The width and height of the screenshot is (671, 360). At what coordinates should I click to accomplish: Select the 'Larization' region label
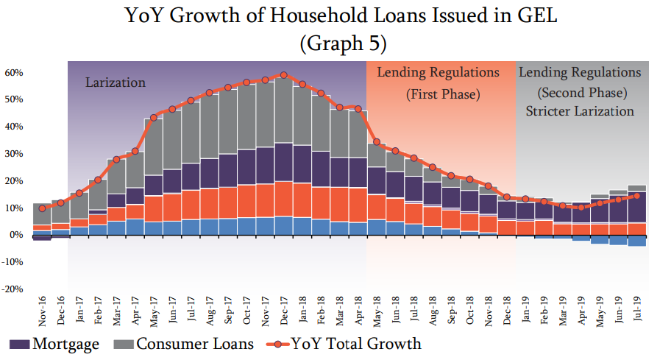(116, 82)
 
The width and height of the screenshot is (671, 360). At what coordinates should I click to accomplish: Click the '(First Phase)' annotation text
(443, 95)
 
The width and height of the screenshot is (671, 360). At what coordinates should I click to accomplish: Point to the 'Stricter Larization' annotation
(581, 111)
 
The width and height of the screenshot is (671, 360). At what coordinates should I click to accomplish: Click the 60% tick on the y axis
(15, 73)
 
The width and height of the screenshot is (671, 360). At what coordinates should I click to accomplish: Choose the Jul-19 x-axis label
(637, 312)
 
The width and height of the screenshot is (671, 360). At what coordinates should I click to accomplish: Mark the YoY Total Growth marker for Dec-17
(284, 75)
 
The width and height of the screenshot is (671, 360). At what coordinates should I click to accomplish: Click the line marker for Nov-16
(42, 208)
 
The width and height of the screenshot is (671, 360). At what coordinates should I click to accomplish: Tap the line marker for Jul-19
(637, 195)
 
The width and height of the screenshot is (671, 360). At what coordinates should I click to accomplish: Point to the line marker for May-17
(154, 117)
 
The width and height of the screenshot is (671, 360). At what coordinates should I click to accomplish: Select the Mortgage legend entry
(55, 344)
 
